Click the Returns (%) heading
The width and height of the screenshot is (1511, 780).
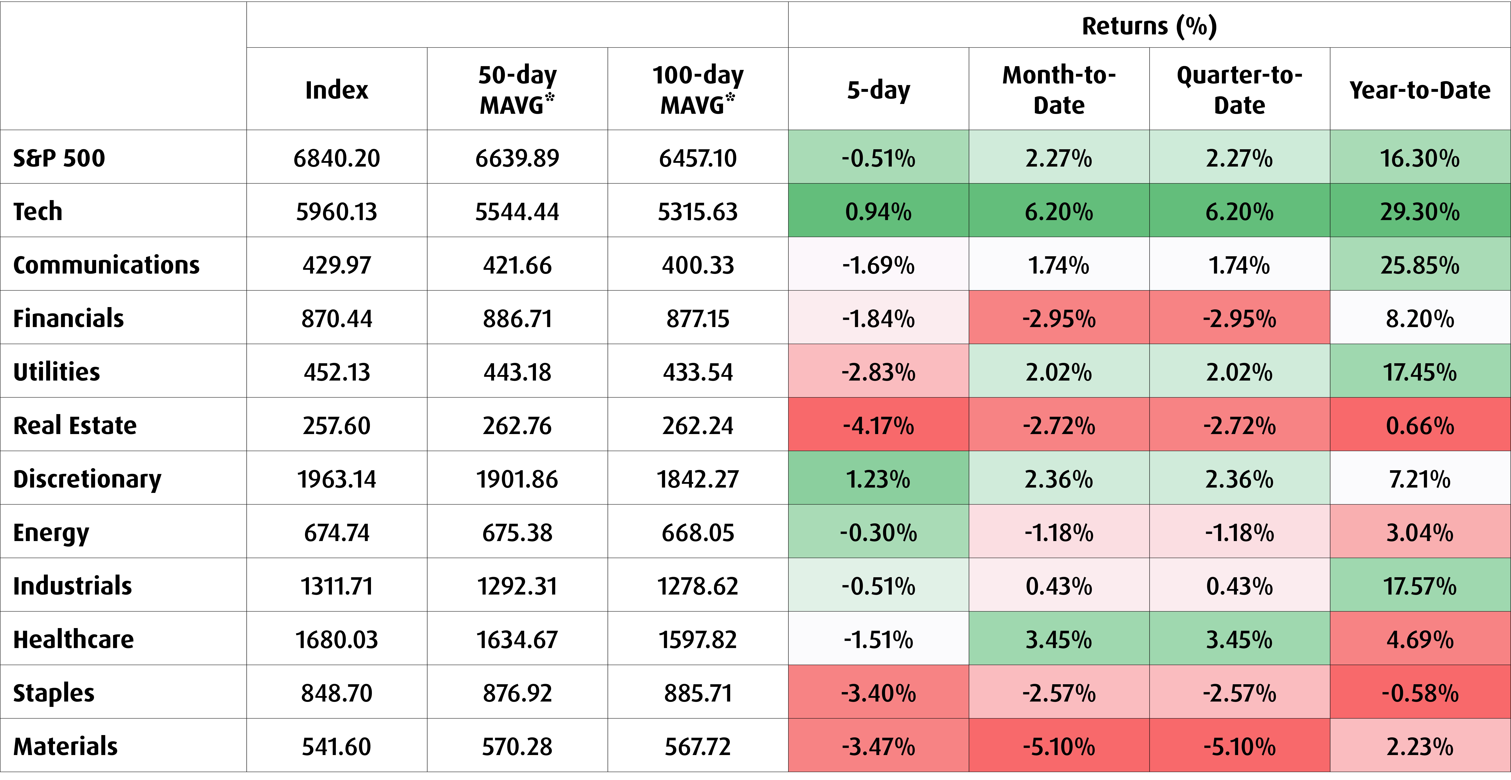pyautogui.click(x=1149, y=26)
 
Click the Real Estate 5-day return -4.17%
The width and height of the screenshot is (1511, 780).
pyautogui.click(x=878, y=425)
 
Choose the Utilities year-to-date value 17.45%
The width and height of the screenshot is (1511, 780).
pyautogui.click(x=1420, y=372)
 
